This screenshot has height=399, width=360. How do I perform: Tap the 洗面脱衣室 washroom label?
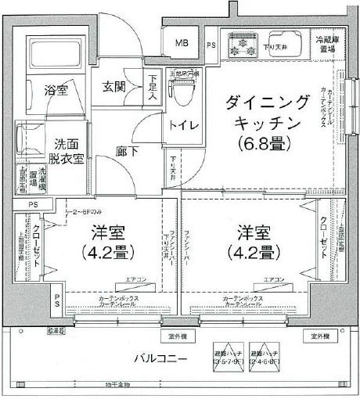click(x=68, y=151)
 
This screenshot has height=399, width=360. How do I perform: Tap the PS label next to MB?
click(x=211, y=45)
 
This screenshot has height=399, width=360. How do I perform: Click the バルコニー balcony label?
click(x=157, y=358)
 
